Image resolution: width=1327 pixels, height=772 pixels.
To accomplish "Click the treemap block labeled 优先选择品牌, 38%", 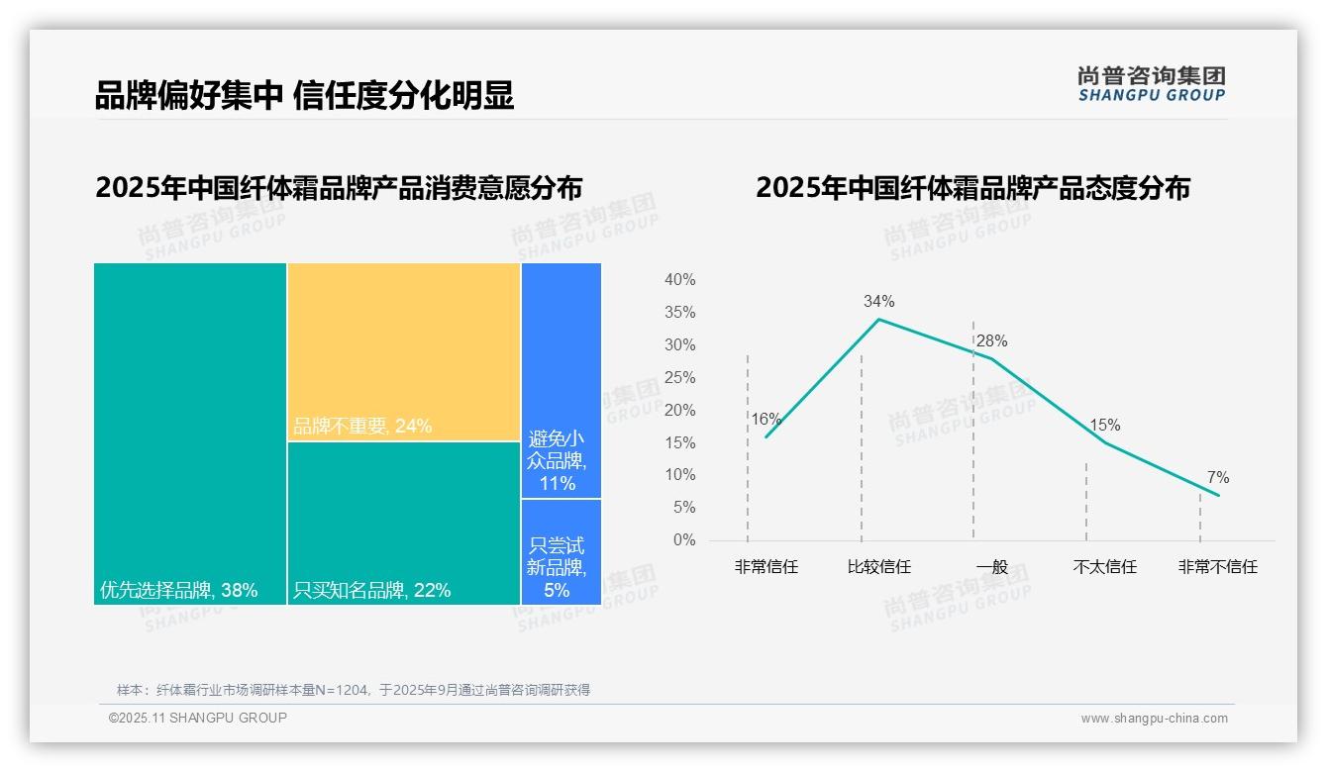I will coord(190,434).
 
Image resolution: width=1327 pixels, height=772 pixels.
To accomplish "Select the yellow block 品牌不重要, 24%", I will coord(404,351).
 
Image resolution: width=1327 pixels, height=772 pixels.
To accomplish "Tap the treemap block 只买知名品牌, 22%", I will coord(404,523).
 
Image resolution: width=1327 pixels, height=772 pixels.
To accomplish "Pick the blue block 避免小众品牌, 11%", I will coord(561,380).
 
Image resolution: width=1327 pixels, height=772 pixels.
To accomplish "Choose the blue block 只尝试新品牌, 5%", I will coord(561,551).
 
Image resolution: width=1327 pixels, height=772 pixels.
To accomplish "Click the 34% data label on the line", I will coord(878,301).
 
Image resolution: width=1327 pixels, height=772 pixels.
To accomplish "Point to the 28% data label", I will coord(991,341).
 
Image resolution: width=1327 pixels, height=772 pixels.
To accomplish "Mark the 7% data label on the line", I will coord(1218,478).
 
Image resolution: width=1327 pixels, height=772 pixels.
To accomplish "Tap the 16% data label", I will coord(766,419).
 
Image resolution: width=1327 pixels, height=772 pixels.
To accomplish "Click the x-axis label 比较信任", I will coord(878,567).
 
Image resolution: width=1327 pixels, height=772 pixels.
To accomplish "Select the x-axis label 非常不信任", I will coord(1217,567).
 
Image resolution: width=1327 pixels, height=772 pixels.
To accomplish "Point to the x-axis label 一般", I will coord(991,567).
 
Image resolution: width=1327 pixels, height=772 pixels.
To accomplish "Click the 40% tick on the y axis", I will coord(679,280).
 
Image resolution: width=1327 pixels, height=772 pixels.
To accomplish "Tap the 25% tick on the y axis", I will coord(679,377).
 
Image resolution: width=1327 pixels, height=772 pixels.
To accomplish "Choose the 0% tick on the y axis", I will coord(683,540).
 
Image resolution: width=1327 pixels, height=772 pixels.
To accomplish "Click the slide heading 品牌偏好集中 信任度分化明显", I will coord(304,95).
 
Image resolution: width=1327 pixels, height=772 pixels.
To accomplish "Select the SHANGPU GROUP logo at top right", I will coord(1151,84).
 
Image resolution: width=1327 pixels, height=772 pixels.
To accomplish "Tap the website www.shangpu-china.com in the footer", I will coord(1154,719).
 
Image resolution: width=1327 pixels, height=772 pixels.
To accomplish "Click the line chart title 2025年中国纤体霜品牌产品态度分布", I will coord(972,188).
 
